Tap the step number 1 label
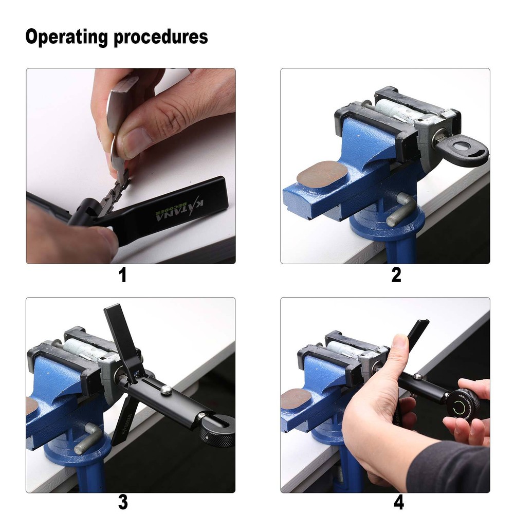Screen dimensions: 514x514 coord(122,276)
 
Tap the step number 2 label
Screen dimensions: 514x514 coord(396,276)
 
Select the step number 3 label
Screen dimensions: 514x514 coord(122,501)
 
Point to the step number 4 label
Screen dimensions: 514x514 coord(396,501)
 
